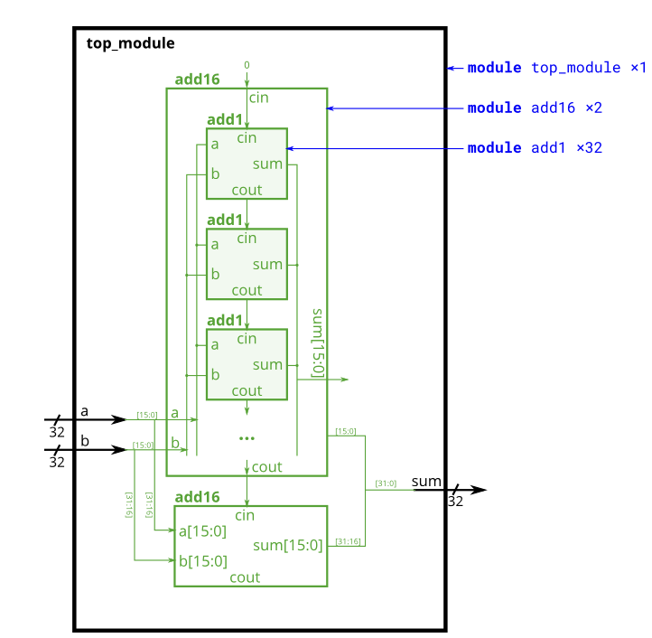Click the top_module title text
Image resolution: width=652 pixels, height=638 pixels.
[130, 43]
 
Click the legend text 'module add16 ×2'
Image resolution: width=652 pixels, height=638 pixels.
[535, 108]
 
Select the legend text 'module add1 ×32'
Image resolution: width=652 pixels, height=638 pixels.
[535, 147]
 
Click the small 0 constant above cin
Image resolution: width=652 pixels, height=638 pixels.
[247, 65]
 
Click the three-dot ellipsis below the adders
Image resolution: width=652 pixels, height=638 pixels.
[247, 438]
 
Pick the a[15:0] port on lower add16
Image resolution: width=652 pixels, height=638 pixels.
[202, 531]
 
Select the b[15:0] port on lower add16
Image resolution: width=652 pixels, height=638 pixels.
[202, 561]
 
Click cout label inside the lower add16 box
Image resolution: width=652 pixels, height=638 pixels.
[245, 577]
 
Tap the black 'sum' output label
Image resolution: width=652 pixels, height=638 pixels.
[426, 481]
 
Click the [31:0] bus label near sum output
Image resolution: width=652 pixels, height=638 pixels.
[386, 483]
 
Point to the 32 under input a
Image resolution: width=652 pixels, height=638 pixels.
[57, 433]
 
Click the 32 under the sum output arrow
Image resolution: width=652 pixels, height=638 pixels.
[455, 502]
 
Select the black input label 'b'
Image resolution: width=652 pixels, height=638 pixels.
[84, 441]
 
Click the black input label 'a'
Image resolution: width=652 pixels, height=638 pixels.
[84, 411]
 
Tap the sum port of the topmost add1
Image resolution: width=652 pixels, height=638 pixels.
[267, 164]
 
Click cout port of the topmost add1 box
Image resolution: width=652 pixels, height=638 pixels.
[247, 190]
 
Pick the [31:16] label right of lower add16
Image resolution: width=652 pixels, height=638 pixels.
[348, 541]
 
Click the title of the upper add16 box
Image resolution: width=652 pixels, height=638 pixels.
[197, 80]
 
